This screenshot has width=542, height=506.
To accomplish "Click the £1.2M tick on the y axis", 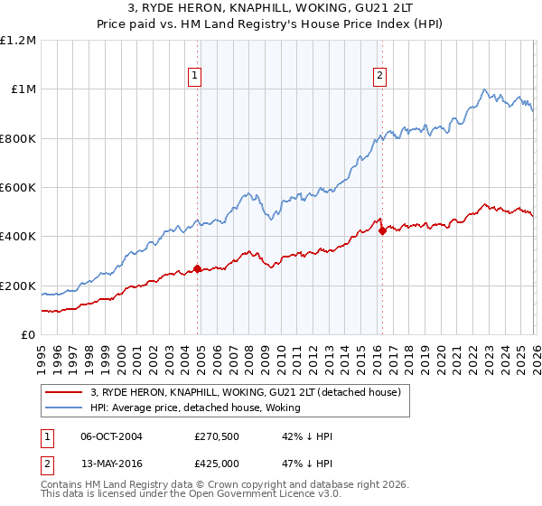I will pos(18,40).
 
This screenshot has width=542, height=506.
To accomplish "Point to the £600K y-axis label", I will pos(18,188).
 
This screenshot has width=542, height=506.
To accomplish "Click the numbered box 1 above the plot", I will pos(195,77).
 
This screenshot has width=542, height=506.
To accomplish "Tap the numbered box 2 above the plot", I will pos(379,77).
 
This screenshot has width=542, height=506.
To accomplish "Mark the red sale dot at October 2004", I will pos(197,268).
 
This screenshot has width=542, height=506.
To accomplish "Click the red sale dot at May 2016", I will pos(382,230).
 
